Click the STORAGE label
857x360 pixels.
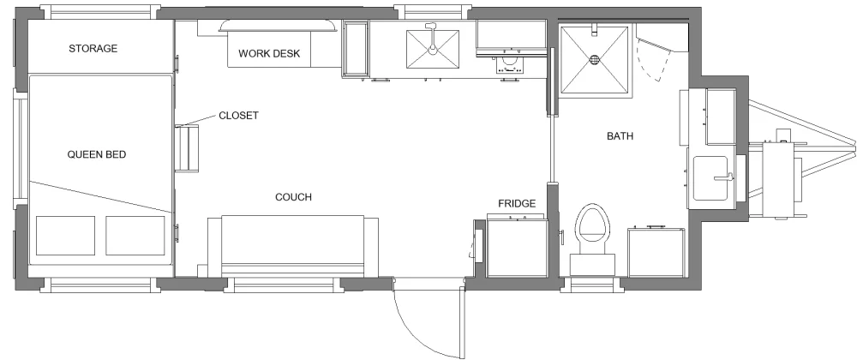93,49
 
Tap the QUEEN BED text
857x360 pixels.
97,154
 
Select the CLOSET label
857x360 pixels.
238,116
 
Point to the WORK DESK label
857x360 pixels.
269,53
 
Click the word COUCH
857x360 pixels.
293,197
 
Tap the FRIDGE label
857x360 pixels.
517,204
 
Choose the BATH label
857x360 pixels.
620,136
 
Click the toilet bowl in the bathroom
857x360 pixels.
593,224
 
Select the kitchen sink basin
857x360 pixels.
432,49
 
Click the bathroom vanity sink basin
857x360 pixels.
710,178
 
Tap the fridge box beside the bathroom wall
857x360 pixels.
517,249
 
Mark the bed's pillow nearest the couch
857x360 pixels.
135,236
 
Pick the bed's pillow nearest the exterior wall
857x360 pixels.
65,236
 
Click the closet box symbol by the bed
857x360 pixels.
186,148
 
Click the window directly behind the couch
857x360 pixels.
284,284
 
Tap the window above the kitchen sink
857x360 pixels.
432,12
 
